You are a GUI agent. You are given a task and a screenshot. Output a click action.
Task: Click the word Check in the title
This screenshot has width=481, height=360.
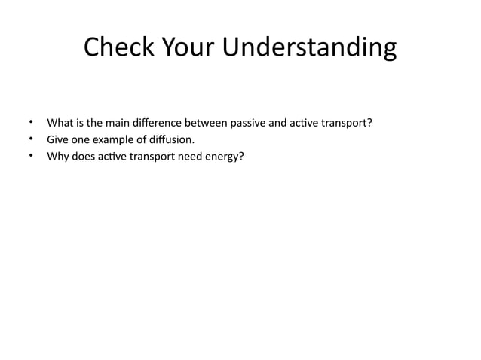click(116, 47)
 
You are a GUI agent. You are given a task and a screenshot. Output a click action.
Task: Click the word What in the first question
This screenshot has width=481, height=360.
click(60, 122)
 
